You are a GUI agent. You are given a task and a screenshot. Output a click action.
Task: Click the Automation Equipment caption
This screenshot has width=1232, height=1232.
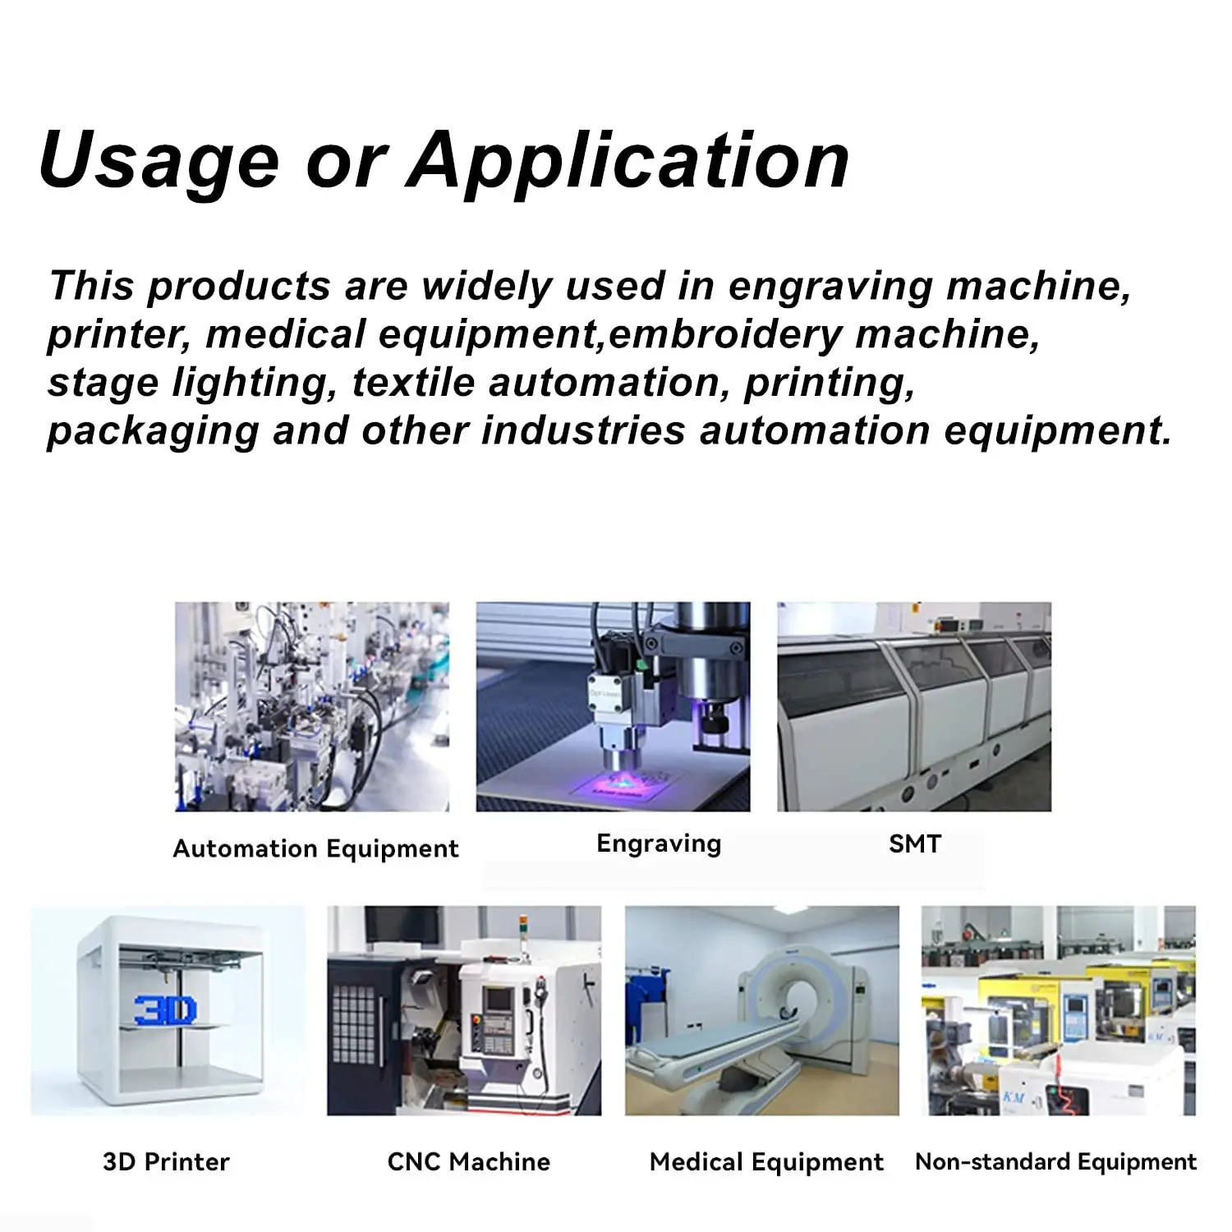[x=316, y=849]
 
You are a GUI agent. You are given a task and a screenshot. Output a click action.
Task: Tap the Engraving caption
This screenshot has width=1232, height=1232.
[x=659, y=844]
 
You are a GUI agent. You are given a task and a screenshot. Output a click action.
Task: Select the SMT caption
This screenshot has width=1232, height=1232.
[x=915, y=844]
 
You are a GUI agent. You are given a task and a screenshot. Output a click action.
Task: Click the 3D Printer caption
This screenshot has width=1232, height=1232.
[x=166, y=1161]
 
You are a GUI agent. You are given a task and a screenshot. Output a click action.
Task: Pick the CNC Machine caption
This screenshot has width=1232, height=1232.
[x=469, y=1161]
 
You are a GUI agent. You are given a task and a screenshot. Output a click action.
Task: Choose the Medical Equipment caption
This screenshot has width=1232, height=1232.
[x=766, y=1162]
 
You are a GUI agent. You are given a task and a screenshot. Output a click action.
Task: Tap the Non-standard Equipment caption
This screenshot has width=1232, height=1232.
[x=1055, y=1161]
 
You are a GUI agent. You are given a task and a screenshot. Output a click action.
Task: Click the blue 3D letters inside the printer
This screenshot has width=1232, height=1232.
[x=165, y=1010]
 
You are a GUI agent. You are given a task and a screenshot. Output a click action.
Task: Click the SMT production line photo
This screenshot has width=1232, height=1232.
[x=914, y=706]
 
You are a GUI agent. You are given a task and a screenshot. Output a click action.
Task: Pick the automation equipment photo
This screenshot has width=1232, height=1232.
[x=312, y=706]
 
